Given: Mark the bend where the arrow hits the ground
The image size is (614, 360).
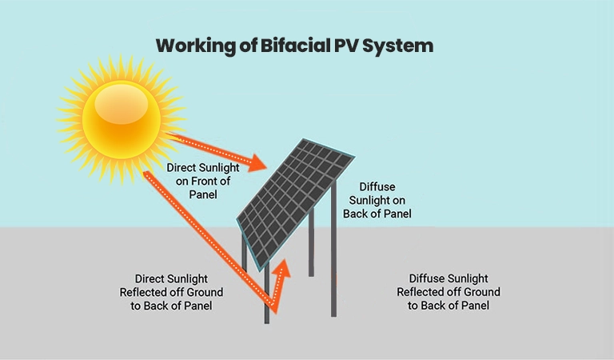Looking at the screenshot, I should click(x=272, y=307).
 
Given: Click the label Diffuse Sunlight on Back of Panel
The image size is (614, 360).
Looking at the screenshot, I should click(x=377, y=200).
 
